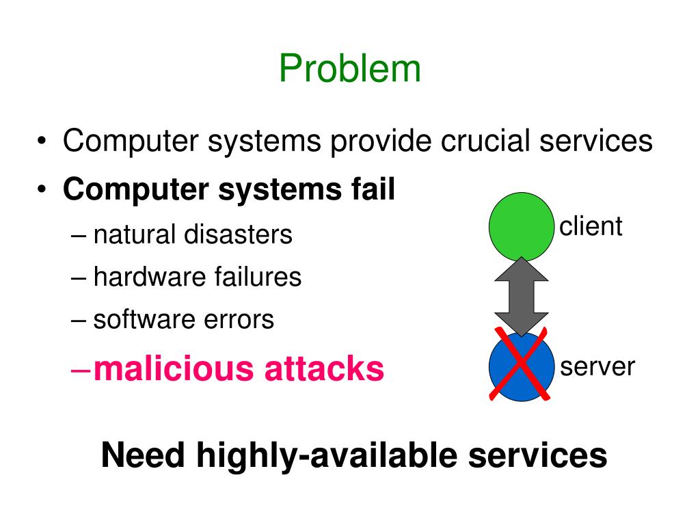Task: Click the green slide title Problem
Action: pyautogui.click(x=349, y=69)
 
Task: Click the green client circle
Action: pyautogui.click(x=521, y=226)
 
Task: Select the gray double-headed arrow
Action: pyautogui.click(x=521, y=296)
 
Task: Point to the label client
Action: pyautogui.click(x=591, y=226)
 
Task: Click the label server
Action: pyautogui.click(x=597, y=367)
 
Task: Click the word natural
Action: pyautogui.click(x=133, y=234)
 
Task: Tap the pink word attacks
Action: pyautogui.click(x=324, y=368)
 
